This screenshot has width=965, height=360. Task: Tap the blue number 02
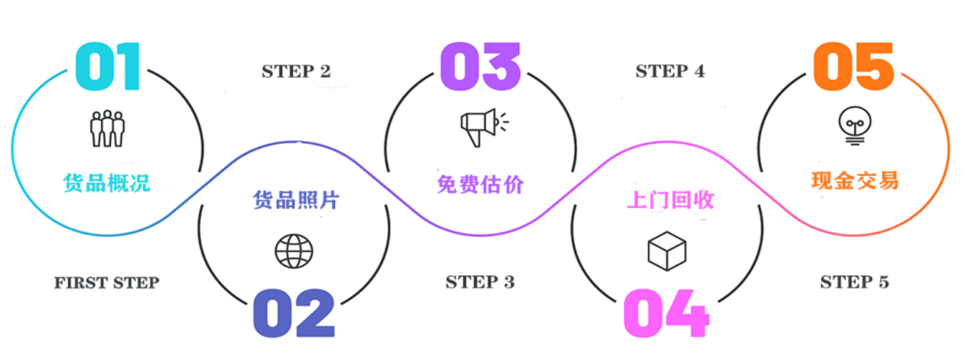tap(293, 313)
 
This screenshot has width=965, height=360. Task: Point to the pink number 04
tap(666, 313)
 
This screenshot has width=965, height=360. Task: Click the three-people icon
tap(106, 128)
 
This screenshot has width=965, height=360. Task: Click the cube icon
tap(667, 251)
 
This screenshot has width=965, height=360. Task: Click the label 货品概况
tap(106, 183)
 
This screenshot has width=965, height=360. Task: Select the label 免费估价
tap(481, 184)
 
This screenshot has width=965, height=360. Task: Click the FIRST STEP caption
tap(106, 283)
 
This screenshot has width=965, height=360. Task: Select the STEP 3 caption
tap(480, 283)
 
